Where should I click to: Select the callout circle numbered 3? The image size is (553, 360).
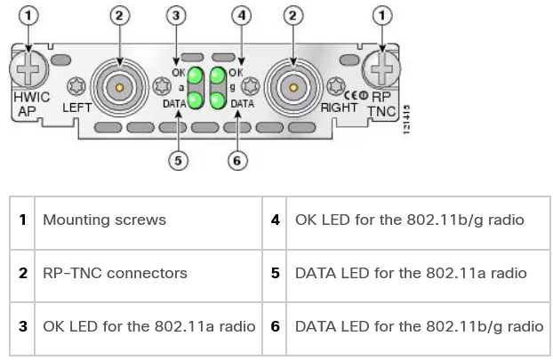click(177, 15)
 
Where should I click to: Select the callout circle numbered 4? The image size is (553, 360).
click(240, 15)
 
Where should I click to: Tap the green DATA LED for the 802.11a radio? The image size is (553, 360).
click(195, 100)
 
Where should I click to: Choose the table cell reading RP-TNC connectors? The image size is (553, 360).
click(115, 273)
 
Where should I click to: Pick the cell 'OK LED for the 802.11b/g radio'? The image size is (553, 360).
click(409, 220)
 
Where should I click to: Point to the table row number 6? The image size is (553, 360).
click(276, 326)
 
